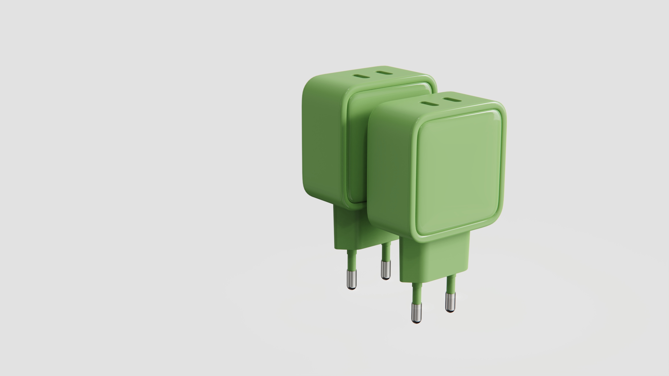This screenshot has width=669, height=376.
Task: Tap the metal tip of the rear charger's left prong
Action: click(351, 279)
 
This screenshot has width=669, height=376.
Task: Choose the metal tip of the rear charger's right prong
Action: click(385, 270)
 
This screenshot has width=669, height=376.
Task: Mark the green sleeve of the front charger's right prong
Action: click(451, 284)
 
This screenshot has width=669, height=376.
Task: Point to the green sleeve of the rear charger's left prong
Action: click(352, 259)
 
